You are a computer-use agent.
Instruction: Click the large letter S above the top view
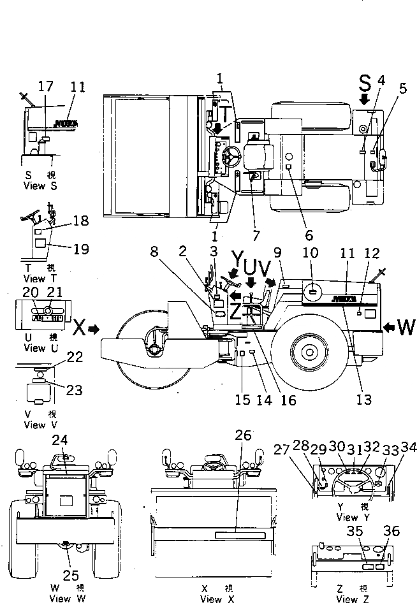click(365, 82)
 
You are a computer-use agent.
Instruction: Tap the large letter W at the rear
click(406, 327)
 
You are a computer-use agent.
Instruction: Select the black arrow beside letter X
click(94, 329)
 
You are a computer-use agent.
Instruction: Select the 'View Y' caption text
click(347, 517)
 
